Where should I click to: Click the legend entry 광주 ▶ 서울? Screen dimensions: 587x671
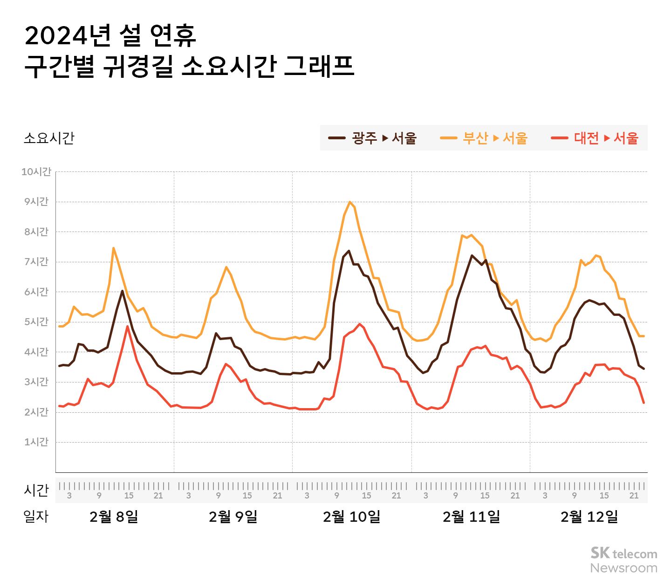click(x=373, y=138)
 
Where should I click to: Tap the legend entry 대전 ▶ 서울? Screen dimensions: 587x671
click(x=595, y=138)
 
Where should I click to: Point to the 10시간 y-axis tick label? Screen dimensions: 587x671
click(x=36, y=172)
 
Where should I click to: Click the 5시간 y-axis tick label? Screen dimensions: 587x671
click(x=36, y=322)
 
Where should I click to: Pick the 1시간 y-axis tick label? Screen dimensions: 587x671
click(x=36, y=442)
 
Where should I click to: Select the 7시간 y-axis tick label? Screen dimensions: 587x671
click(x=36, y=262)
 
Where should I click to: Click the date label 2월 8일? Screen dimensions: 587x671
click(x=114, y=517)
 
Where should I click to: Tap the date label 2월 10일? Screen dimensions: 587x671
click(x=352, y=517)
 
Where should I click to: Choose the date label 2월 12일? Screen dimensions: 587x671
click(x=589, y=517)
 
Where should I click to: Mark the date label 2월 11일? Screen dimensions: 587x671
click(x=471, y=517)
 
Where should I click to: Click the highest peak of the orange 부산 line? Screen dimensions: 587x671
click(x=349, y=202)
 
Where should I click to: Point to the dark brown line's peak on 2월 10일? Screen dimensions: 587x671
click(x=349, y=251)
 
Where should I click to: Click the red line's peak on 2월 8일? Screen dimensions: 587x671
click(x=127, y=326)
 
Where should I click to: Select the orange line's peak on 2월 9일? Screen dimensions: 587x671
click(x=226, y=267)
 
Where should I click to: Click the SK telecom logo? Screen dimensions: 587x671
click(x=623, y=553)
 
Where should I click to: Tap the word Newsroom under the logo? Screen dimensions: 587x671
click(x=623, y=568)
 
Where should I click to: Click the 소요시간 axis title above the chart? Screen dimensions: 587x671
click(x=49, y=138)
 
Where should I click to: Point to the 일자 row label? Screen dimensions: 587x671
click(x=36, y=517)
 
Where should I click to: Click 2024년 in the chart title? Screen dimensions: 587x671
click(x=68, y=36)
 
